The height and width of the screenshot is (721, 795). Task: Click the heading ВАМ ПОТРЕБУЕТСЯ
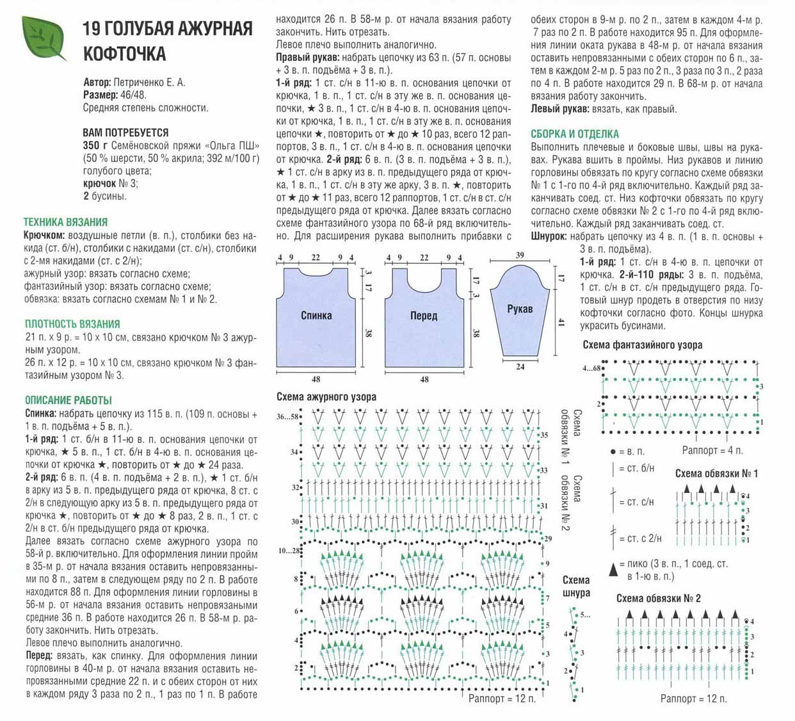point(125,133)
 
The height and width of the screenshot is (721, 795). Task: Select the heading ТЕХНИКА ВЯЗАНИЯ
point(65,222)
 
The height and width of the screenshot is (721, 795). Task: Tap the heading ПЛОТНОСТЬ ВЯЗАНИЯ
point(72,324)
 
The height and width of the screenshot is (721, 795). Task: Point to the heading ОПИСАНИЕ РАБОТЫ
point(68,400)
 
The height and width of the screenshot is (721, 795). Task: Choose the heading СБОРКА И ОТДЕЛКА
point(575,134)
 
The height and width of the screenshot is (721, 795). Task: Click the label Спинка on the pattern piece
point(316,315)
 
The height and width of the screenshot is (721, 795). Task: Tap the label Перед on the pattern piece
point(424,315)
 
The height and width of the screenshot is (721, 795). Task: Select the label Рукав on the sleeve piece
point(520,309)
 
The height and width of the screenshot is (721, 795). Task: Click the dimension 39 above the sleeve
point(520,255)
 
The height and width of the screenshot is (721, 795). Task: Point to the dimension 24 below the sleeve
point(520,367)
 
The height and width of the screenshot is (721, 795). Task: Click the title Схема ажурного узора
point(326,397)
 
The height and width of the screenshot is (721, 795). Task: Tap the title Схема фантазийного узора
point(642,345)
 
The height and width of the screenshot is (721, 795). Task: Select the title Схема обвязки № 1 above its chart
point(716,474)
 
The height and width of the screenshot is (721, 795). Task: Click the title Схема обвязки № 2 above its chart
point(658,599)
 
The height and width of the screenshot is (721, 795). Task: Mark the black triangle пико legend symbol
point(614,567)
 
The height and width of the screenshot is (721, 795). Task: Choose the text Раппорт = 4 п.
point(712,451)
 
